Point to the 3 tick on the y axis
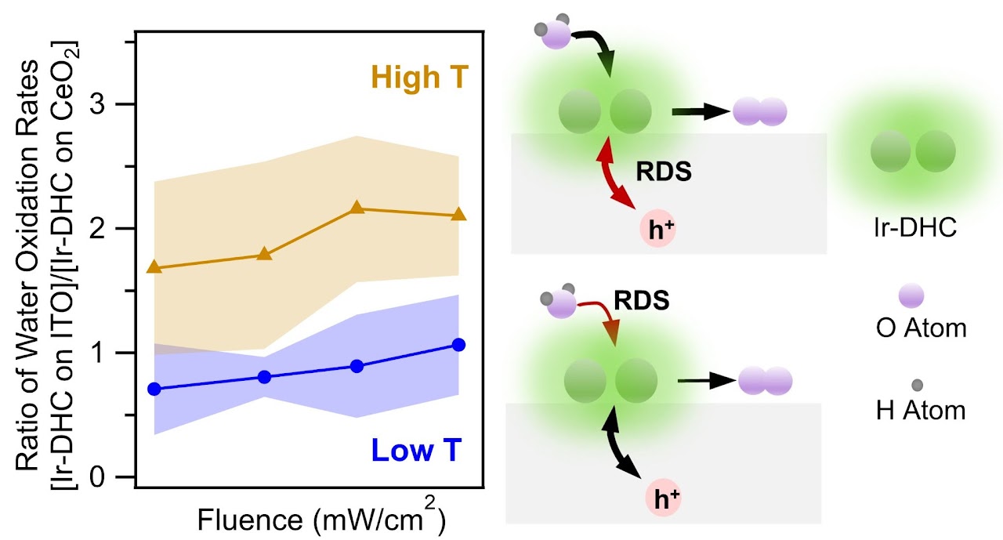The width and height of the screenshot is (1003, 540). (x=106, y=104)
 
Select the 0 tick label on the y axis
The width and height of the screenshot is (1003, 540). (x=106, y=477)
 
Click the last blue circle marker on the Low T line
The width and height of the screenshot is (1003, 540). (x=458, y=345)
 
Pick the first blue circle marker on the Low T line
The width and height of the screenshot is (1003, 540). (x=154, y=389)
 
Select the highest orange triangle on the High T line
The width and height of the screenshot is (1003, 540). (x=357, y=208)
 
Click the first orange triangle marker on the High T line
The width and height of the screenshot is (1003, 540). (x=154, y=267)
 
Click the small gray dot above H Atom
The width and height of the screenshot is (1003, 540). (x=917, y=385)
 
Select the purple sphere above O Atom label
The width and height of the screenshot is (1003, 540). (x=911, y=295)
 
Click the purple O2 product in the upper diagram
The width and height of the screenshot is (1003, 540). (x=759, y=112)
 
